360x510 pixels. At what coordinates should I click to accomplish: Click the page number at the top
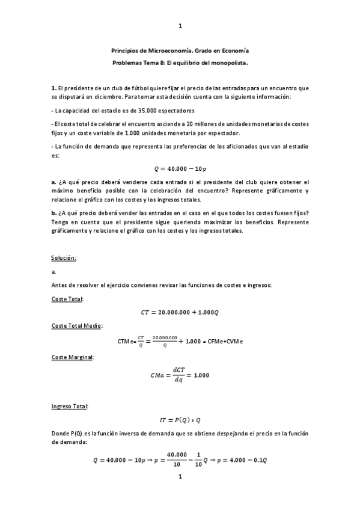pyautogui.click(x=180, y=25)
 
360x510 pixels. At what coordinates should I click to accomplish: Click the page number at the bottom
pyautogui.click(x=180, y=477)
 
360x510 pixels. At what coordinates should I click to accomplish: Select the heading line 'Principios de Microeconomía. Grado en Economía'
pyautogui.click(x=180, y=51)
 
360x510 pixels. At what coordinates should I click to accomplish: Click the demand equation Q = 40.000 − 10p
pyautogui.click(x=180, y=167)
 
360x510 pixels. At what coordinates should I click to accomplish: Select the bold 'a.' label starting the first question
pyautogui.click(x=53, y=182)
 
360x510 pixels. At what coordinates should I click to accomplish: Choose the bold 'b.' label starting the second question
pyautogui.click(x=54, y=212)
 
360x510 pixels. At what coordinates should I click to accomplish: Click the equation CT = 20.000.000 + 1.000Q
pyautogui.click(x=180, y=312)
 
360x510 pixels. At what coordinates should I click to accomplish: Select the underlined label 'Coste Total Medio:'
pyautogui.click(x=77, y=325)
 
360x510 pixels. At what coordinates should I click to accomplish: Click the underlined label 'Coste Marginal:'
pyautogui.click(x=73, y=357)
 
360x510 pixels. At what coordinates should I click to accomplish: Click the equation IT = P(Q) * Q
pyautogui.click(x=180, y=420)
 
